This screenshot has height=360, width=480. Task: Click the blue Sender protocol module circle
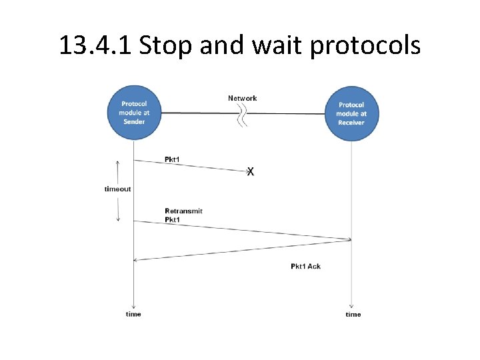tap(134, 113)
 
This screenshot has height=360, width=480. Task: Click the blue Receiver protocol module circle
tap(351, 114)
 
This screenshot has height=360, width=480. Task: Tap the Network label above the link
tap(242, 98)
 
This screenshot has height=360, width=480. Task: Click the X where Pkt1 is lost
tap(250, 172)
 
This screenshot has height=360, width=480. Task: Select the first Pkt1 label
tap(172, 159)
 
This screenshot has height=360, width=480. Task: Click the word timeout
tap(118, 189)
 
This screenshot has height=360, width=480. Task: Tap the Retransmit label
tap(183, 211)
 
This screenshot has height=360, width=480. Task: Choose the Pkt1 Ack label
tap(305, 266)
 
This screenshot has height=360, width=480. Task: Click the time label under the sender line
tap(133, 313)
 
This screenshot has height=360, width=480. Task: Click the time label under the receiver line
tap(353, 314)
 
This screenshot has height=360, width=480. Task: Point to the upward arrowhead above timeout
tap(118, 162)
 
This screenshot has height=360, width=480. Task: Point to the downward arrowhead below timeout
tap(118, 218)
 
